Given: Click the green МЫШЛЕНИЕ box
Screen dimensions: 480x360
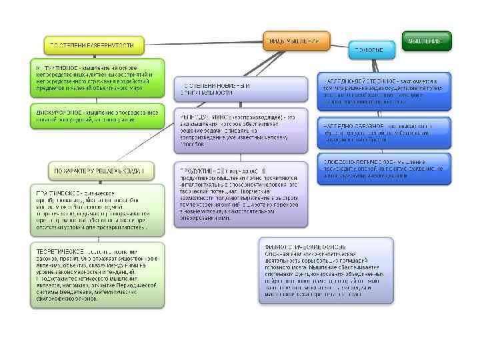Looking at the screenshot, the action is [425, 40].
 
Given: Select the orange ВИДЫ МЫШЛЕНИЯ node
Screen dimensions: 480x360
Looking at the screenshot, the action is [295, 41].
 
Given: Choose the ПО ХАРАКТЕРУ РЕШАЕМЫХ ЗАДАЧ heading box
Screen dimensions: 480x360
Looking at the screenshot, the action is [101, 170].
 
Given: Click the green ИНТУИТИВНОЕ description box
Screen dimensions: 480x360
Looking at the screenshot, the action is [97, 79].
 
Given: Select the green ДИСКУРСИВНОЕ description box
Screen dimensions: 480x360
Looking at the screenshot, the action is [97, 117].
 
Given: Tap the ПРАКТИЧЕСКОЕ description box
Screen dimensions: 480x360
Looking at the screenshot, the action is [97, 209].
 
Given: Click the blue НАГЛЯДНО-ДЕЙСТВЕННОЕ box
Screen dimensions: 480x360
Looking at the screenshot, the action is [383, 89].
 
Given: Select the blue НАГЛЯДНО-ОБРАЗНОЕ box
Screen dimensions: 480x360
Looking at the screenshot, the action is [383, 133].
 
